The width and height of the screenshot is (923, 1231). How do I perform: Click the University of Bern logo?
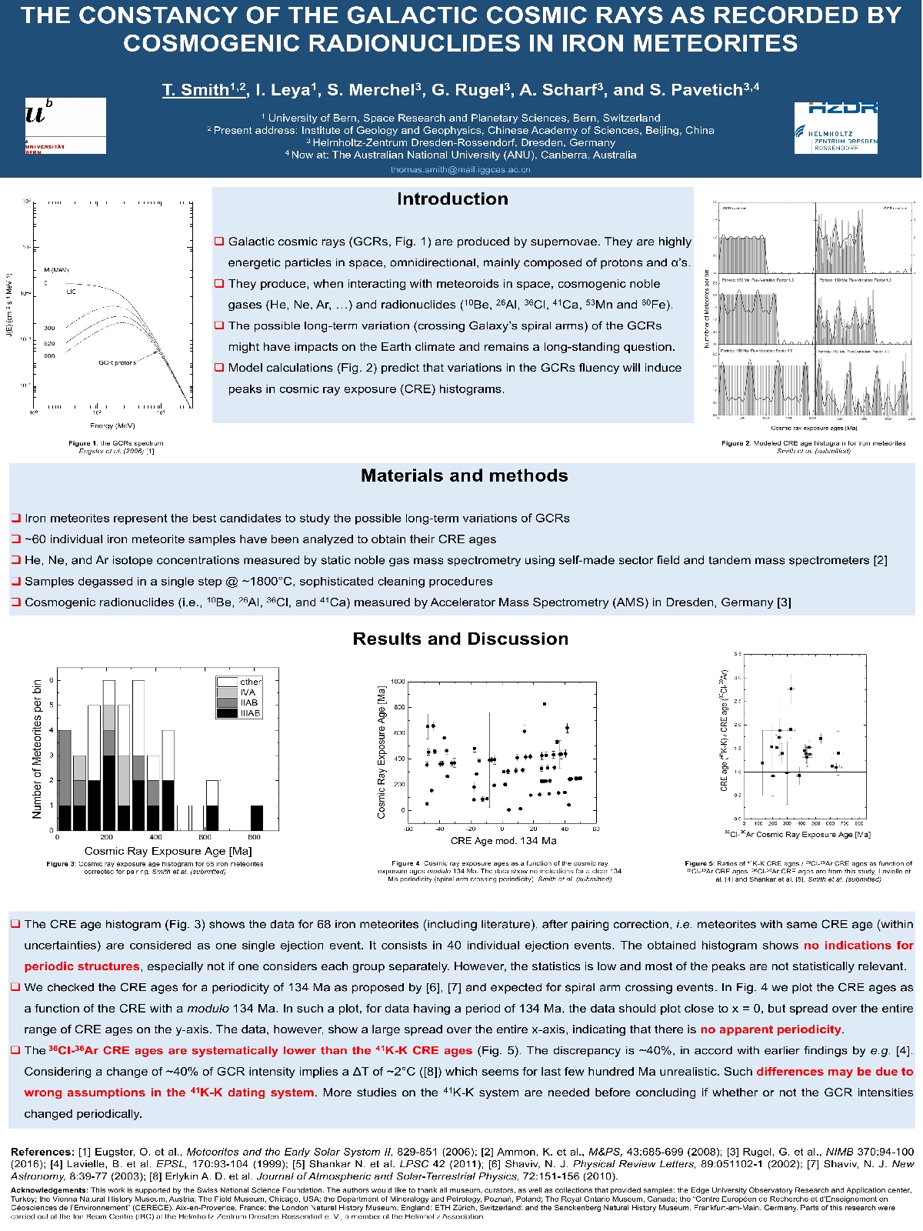[65, 125]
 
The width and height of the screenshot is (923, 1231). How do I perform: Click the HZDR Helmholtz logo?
[835, 127]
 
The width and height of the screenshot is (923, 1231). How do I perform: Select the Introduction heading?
[452, 199]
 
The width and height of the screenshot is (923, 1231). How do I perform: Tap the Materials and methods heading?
[464, 476]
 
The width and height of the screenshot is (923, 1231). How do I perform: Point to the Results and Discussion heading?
[460, 639]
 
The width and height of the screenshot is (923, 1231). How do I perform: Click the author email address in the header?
[460, 170]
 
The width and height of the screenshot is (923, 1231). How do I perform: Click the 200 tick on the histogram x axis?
[106, 837]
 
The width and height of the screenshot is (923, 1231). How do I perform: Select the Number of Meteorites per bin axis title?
[37, 748]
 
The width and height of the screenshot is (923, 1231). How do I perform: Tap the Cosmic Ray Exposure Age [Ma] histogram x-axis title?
[168, 851]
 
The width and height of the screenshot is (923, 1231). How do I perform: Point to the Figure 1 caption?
[116, 447]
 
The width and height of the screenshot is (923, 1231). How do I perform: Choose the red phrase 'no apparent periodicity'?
[771, 1029]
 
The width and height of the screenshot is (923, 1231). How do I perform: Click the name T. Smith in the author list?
[195, 90]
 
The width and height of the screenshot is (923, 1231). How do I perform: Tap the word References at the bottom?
[42, 1152]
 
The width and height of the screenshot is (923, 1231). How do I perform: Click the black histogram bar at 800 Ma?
[256, 818]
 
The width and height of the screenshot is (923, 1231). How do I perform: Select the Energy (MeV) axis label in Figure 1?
[112, 425]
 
